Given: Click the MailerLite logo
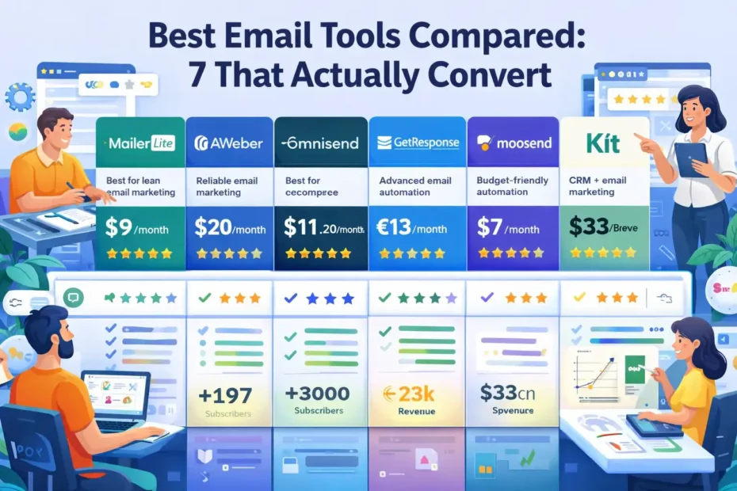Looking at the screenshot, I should click(139, 143).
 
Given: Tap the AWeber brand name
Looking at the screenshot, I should click(230, 143).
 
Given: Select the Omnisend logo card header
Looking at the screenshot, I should click(320, 143).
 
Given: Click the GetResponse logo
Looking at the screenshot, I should click(418, 143).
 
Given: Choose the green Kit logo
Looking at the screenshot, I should click(605, 143).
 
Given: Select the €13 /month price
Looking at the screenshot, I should click(413, 229).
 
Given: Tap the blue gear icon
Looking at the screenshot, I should click(19, 97).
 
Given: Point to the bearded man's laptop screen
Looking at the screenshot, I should click(115, 394).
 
